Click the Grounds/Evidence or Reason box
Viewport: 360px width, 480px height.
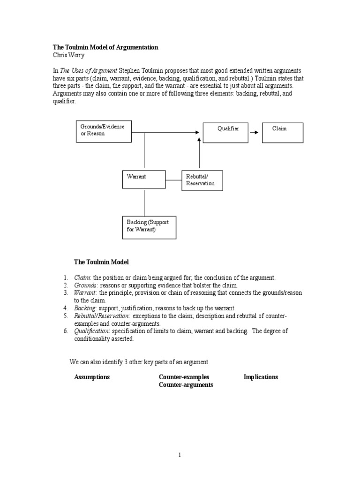(104, 131)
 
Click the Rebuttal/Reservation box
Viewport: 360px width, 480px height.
(202, 180)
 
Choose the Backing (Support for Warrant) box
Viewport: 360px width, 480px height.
(149, 226)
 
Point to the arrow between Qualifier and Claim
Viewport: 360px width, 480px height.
(254, 133)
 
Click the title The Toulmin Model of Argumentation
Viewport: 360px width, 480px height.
(105, 47)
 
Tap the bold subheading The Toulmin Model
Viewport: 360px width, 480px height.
(101, 262)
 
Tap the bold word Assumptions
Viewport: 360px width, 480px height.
(92, 377)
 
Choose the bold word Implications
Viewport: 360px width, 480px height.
(261, 377)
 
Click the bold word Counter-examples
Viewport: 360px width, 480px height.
(184, 377)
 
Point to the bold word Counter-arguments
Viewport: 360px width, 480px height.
(186, 385)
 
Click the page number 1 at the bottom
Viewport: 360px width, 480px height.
(180, 454)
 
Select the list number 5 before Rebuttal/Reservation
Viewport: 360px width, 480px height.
(66, 316)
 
